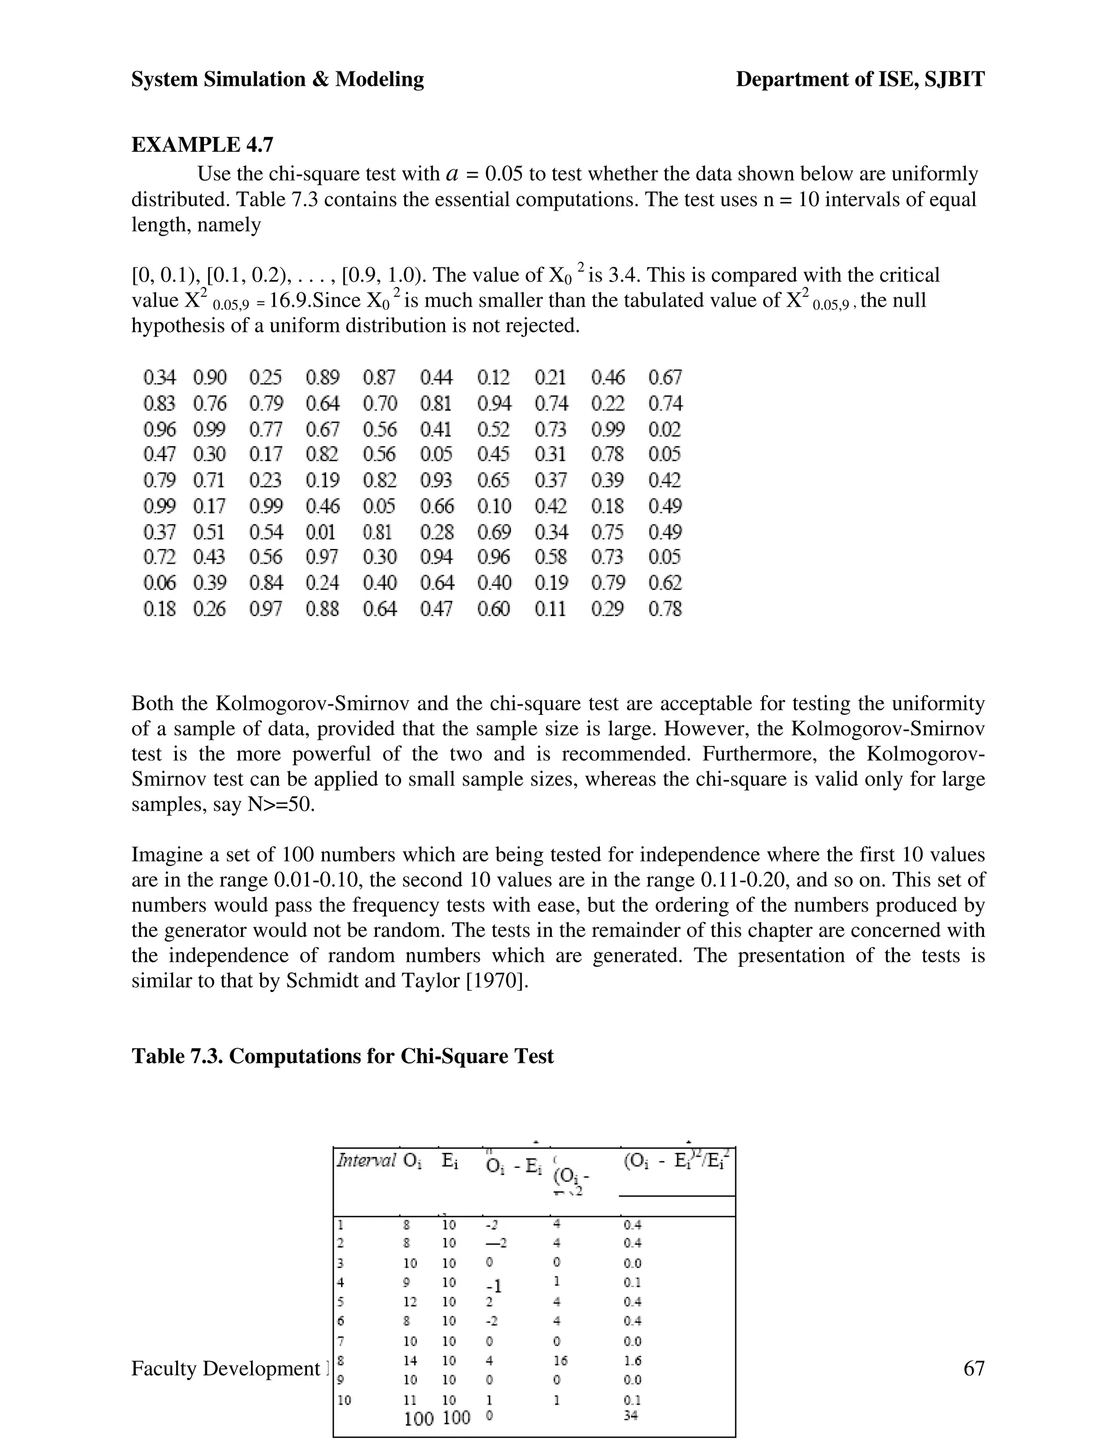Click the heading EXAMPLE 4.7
point(202,145)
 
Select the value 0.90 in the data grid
point(210,378)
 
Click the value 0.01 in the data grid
point(321,531)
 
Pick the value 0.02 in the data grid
point(664,429)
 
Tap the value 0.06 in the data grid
point(159,583)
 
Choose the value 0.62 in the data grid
point(664,583)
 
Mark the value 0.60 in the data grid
point(494,608)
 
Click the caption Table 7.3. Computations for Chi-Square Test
point(342,1056)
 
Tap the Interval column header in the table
point(366,1160)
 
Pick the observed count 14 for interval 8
point(410,1360)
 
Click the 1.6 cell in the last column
point(633,1360)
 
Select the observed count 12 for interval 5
point(410,1301)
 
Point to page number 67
point(974,1368)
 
